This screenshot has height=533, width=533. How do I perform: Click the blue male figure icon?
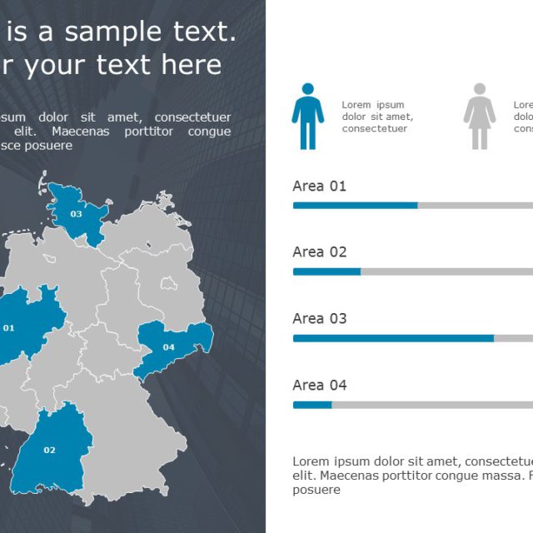(x=307, y=117)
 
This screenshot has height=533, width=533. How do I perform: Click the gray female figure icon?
(x=479, y=117)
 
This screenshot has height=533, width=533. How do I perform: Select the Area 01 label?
(x=319, y=186)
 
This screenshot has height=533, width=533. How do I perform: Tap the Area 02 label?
(x=319, y=252)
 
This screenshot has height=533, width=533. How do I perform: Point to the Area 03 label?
(x=319, y=318)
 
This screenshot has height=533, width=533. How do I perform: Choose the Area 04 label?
(x=319, y=385)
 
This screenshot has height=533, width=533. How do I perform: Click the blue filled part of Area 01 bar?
(x=355, y=205)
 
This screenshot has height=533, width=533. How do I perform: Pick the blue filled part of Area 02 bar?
(x=326, y=271)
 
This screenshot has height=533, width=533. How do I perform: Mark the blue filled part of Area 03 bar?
(x=393, y=338)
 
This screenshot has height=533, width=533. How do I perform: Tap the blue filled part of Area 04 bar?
(x=312, y=405)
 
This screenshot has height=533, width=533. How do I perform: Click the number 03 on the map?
(x=76, y=214)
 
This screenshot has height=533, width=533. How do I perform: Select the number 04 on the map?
(x=169, y=347)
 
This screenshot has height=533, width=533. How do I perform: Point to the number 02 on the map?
(x=49, y=451)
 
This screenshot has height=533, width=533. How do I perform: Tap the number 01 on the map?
(x=9, y=328)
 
